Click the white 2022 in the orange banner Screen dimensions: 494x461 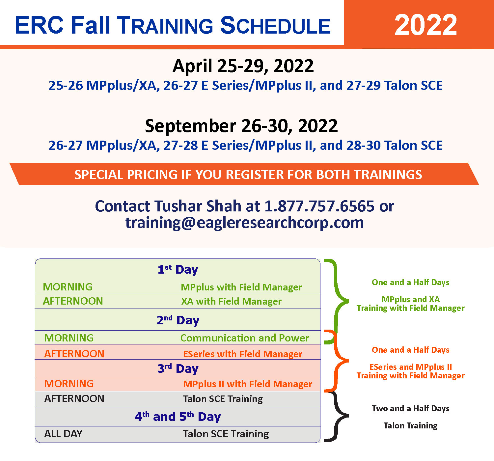(425, 25)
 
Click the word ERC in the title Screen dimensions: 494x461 (40, 25)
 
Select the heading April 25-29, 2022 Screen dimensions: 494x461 (243, 66)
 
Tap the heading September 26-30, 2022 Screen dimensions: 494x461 (241, 126)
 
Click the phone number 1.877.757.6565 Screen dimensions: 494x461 (319, 206)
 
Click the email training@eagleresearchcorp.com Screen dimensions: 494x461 (244, 222)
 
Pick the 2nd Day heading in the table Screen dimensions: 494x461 (178, 320)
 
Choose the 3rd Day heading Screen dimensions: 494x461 (178, 368)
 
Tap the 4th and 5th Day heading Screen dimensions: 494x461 (178, 417)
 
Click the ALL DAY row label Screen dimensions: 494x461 (63, 434)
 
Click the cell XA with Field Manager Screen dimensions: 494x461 (231, 301)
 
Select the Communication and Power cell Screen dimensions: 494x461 (245, 338)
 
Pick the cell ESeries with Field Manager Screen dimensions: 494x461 (242, 354)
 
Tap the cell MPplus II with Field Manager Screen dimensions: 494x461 (248, 384)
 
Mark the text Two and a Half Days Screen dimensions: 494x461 (410, 409)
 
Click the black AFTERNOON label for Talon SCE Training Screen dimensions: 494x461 (74, 398)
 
